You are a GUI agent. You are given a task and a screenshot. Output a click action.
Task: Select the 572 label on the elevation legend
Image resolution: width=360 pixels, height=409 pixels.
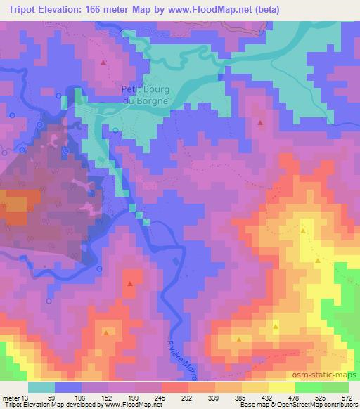coord(347,397)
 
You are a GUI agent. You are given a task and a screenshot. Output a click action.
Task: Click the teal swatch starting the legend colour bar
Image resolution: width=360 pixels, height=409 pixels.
coord(41,387)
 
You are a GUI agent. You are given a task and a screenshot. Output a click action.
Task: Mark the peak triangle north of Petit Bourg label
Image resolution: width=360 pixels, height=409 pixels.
coord(104,63)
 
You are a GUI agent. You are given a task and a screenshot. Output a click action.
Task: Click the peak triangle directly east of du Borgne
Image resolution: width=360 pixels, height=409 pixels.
coord(260,123)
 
